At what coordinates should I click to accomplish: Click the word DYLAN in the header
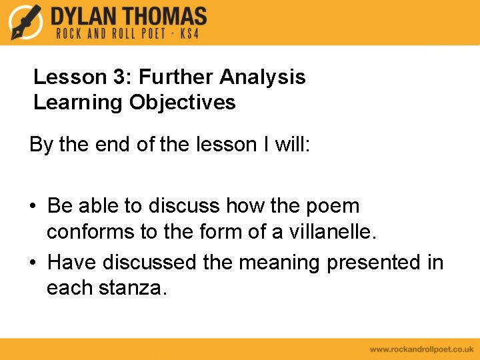[x=85, y=16]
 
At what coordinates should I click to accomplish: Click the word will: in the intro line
[x=293, y=145]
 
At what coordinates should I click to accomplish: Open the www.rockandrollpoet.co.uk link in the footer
[x=421, y=349]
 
